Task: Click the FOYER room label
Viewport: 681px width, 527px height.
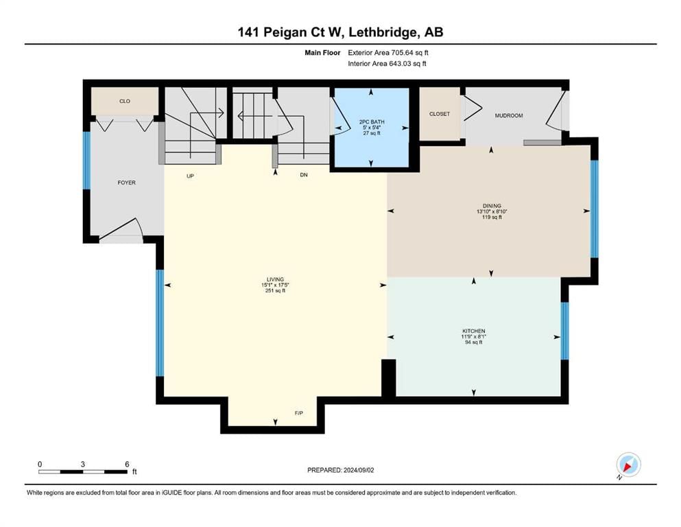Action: point(126,183)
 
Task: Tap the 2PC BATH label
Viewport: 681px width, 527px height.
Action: point(372,122)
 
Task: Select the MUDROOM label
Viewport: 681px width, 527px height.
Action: point(509,115)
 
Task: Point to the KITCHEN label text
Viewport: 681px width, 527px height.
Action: point(473,331)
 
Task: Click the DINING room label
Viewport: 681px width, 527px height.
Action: point(492,206)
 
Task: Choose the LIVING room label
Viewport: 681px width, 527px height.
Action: point(276,279)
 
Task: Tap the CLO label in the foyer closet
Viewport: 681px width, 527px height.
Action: point(125,102)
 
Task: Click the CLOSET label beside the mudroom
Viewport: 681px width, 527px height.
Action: point(440,114)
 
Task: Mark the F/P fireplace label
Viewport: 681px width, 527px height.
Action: point(299,413)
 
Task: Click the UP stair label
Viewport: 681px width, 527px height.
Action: point(190,176)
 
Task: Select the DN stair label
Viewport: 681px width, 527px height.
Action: point(304,175)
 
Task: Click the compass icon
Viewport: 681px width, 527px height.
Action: point(628,465)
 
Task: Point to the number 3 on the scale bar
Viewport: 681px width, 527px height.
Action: point(82,464)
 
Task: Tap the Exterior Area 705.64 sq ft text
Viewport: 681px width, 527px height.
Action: point(388,53)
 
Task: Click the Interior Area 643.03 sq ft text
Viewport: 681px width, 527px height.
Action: point(387,63)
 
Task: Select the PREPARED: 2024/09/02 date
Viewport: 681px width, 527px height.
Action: point(340,470)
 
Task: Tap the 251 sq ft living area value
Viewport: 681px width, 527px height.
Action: point(276,291)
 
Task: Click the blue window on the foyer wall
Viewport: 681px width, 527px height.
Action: point(87,161)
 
